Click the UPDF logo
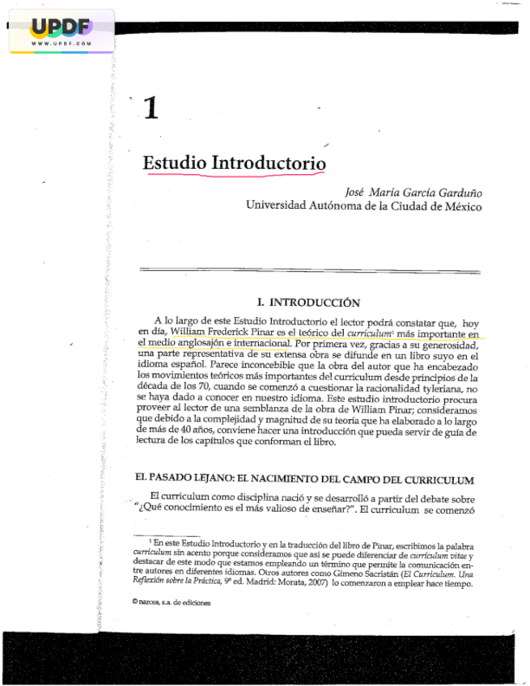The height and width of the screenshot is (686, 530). pyautogui.click(x=61, y=27)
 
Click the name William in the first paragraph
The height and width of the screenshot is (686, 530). pyautogui.click(x=193, y=332)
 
